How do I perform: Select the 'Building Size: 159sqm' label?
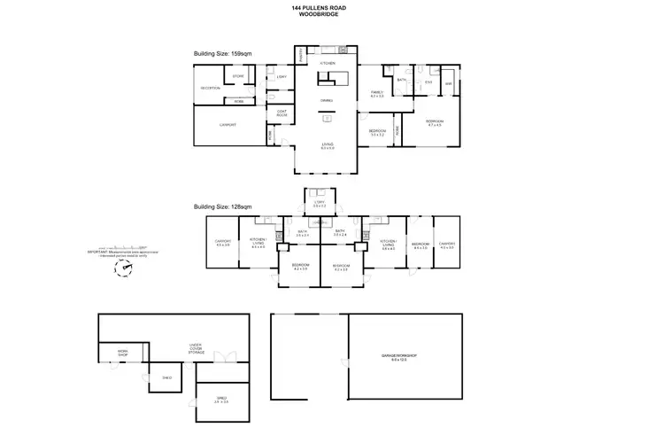click(x=224, y=53)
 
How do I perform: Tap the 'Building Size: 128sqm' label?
click(x=224, y=206)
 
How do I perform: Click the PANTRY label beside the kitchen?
click(x=301, y=56)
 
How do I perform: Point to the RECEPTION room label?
click(x=210, y=88)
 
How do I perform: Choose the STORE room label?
click(x=238, y=77)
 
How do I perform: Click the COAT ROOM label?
click(x=281, y=113)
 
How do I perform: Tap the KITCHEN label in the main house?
click(x=327, y=64)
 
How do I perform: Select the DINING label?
click(x=327, y=100)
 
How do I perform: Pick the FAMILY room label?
click(x=376, y=93)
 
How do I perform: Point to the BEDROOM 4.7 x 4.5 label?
click(x=435, y=122)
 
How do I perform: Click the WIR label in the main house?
click(x=448, y=85)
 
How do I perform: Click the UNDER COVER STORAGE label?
click(x=196, y=349)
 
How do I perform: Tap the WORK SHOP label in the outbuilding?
click(x=123, y=353)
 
